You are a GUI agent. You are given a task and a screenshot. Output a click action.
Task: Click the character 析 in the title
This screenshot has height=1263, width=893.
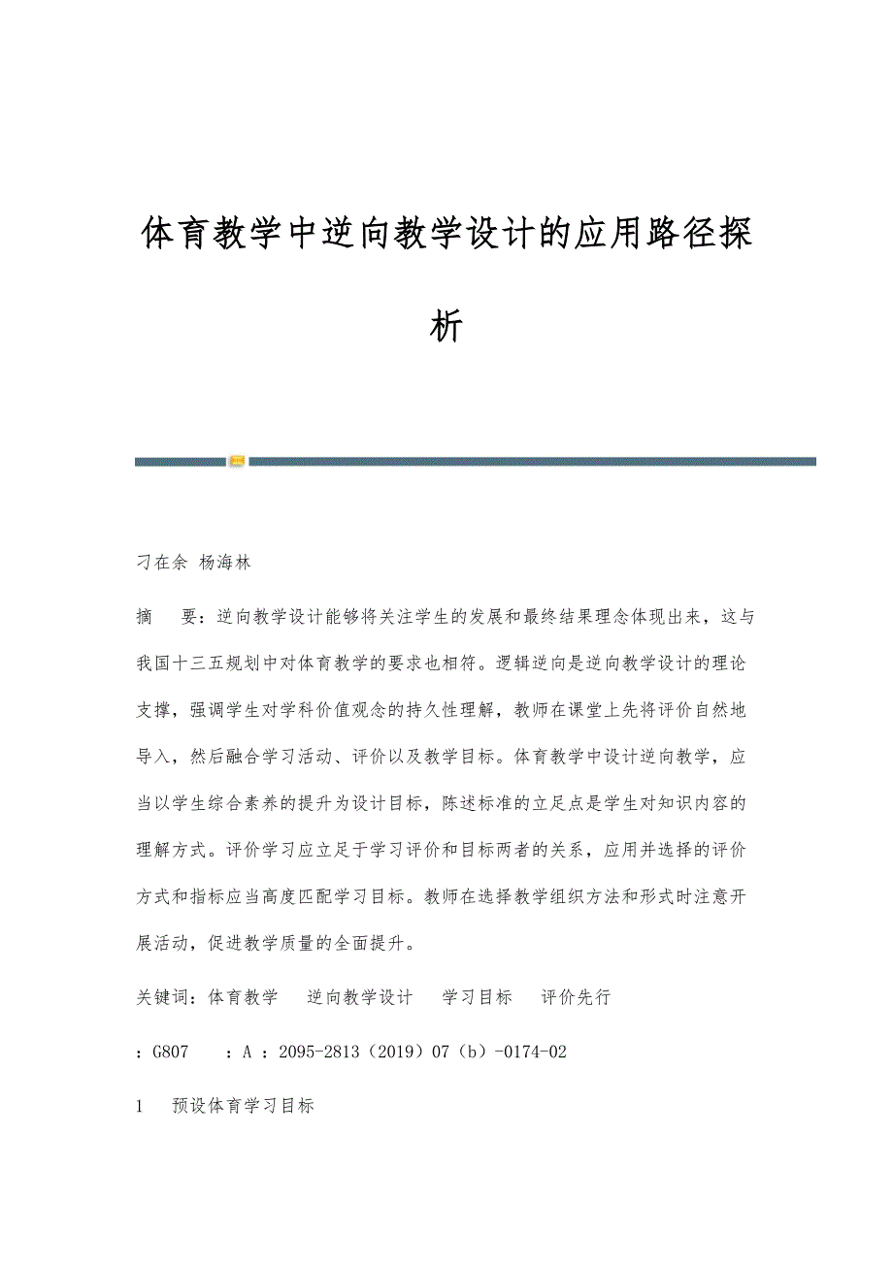446,327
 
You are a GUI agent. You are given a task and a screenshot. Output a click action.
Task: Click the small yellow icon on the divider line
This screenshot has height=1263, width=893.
237,461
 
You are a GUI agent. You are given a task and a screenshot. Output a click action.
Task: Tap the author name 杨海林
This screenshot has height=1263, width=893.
225,562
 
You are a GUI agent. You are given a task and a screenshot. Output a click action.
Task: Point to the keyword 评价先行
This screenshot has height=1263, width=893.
576,997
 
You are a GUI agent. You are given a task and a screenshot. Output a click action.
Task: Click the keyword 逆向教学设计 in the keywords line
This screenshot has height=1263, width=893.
359,997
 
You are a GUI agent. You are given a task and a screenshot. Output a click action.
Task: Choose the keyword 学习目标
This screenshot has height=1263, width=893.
477,997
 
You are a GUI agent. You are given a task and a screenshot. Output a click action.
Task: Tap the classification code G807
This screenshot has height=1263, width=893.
170,1052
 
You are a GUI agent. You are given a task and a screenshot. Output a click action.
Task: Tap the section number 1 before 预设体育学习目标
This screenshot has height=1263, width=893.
142,1106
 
